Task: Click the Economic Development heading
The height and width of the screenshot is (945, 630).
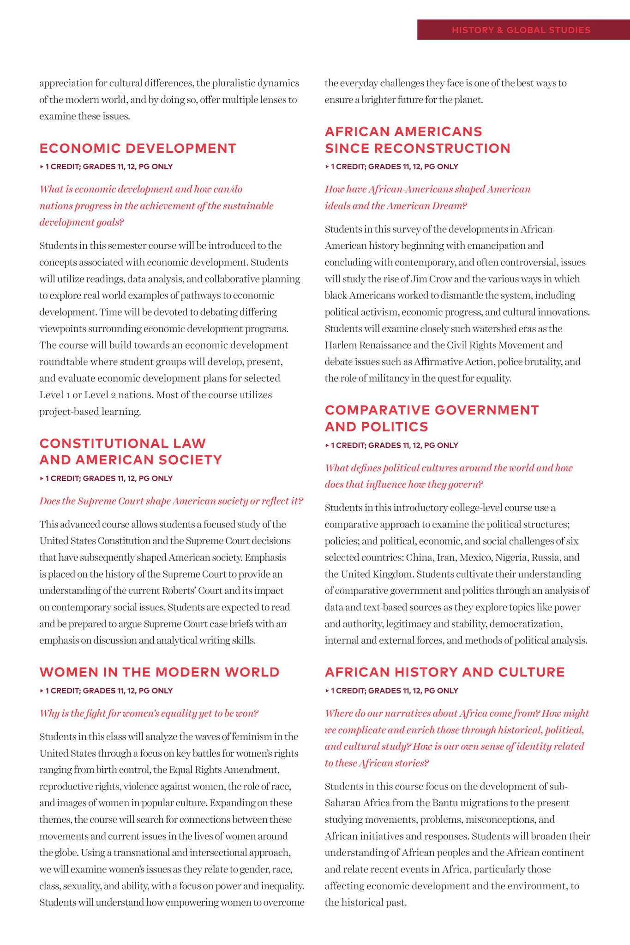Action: [x=138, y=148]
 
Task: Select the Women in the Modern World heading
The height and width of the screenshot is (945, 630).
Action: [x=159, y=672]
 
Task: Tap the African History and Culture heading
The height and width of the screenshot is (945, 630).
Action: [x=444, y=672]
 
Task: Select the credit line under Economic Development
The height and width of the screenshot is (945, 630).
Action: [x=106, y=167]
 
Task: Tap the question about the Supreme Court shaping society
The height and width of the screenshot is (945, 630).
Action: [x=171, y=501]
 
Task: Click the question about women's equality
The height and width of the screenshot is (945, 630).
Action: [x=149, y=713]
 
